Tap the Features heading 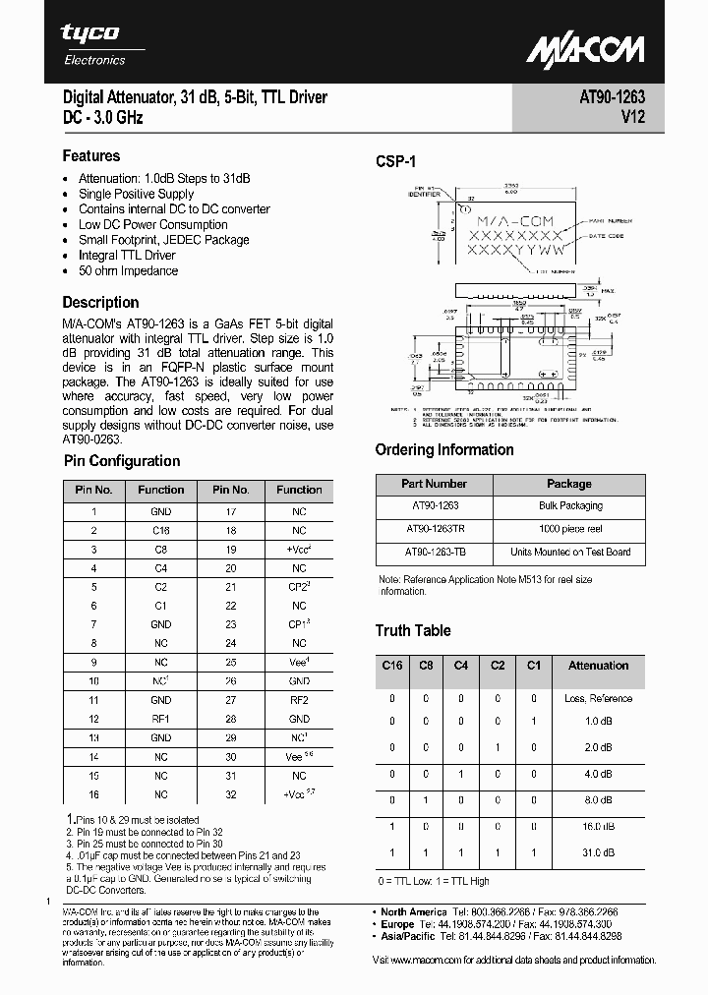pos(91,156)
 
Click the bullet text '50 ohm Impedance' pos(128,271)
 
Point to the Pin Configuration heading pos(121,461)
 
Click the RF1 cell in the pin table pos(160,718)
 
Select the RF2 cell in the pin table pos(299,701)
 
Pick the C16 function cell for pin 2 pos(160,531)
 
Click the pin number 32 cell pos(230,794)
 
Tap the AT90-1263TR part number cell pos(434,529)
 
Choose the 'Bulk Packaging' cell pos(570,506)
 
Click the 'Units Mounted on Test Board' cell pos(570,553)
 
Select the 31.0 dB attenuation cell pos(598,852)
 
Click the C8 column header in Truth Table pos(426,666)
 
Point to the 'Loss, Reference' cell pos(598,699)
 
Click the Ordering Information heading pos(443,450)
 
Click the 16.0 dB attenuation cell pos(598,827)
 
